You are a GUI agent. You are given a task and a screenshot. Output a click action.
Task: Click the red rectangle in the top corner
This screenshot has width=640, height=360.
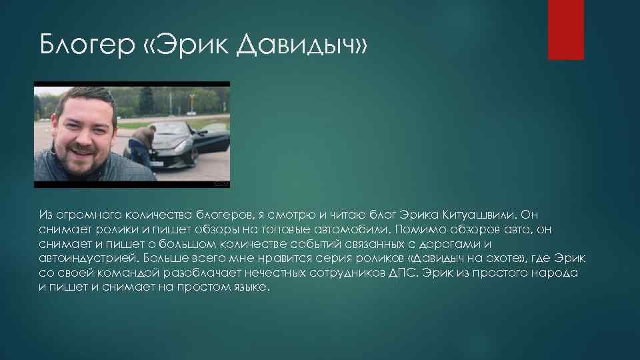565,29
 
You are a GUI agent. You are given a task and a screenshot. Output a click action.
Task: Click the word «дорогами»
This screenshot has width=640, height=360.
454,244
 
